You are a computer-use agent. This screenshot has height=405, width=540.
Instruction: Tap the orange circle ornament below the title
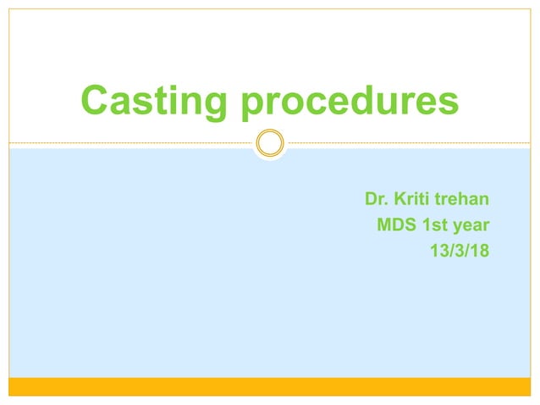[270, 142]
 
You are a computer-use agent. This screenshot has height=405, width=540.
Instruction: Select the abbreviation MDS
[396, 225]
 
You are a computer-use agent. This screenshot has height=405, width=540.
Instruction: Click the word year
[473, 226]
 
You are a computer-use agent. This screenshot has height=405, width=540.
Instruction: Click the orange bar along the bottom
[270, 386]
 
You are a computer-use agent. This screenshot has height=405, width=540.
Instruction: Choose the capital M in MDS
[383, 225]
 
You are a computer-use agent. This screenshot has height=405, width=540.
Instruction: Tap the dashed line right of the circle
[406, 142]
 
